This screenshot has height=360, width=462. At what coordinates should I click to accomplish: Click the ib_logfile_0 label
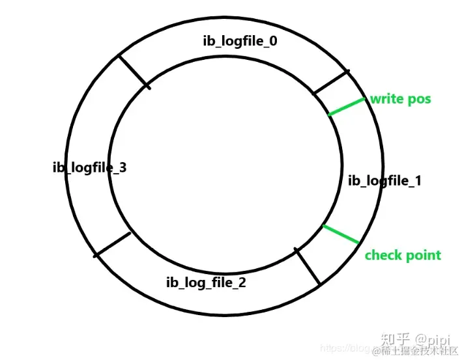click(x=240, y=41)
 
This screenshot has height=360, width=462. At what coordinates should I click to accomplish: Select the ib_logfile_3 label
click(x=89, y=168)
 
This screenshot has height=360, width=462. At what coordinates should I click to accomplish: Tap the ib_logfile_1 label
click(x=384, y=180)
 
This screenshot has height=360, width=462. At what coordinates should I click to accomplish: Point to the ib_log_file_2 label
click(x=206, y=283)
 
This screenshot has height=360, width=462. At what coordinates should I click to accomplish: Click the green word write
click(x=388, y=100)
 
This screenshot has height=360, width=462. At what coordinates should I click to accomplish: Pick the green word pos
click(x=420, y=100)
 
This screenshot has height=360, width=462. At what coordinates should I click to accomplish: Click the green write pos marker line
click(x=347, y=107)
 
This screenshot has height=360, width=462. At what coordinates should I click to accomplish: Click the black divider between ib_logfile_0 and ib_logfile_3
click(x=134, y=72)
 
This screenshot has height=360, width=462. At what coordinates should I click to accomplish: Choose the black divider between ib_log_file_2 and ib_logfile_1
click(x=308, y=266)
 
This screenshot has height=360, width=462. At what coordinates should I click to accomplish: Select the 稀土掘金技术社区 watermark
click(x=414, y=352)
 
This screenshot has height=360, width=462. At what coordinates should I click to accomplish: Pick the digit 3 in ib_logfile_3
click(x=123, y=168)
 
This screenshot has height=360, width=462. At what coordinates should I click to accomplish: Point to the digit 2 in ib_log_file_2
click(x=242, y=283)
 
